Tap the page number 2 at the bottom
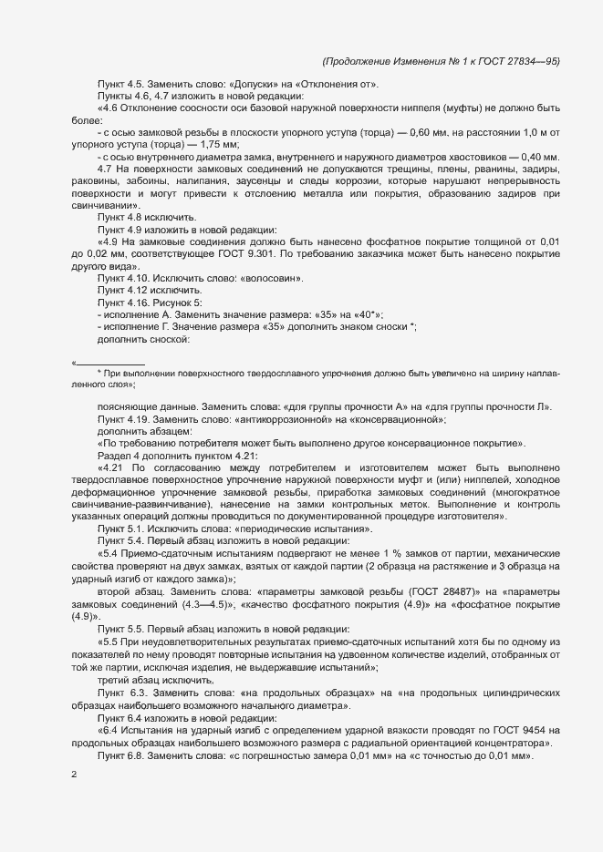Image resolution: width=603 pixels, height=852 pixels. [x=74, y=776]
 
